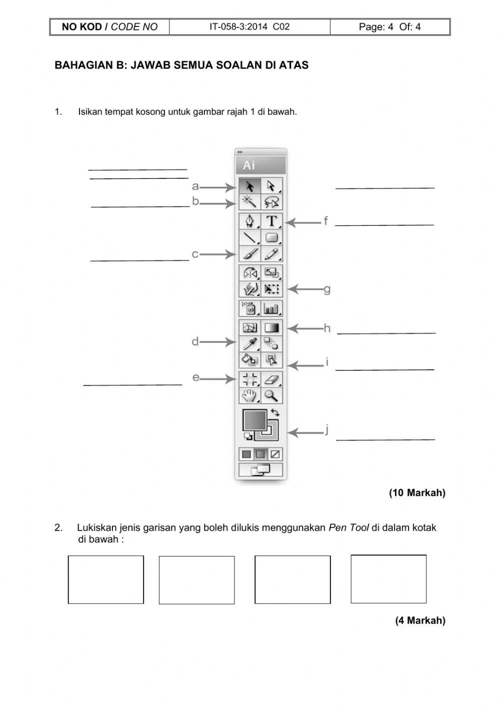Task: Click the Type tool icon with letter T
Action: (271, 221)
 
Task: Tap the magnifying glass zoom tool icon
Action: (271, 396)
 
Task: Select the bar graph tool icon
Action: (271, 308)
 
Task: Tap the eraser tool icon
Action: (271, 379)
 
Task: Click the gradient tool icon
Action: (271, 328)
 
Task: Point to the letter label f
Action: (325, 221)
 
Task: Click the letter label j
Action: (326, 429)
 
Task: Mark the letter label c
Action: (195, 254)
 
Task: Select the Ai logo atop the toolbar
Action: (249, 165)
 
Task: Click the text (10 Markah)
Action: (417, 493)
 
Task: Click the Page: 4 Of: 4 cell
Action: (389, 27)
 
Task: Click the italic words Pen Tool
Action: (348, 528)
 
